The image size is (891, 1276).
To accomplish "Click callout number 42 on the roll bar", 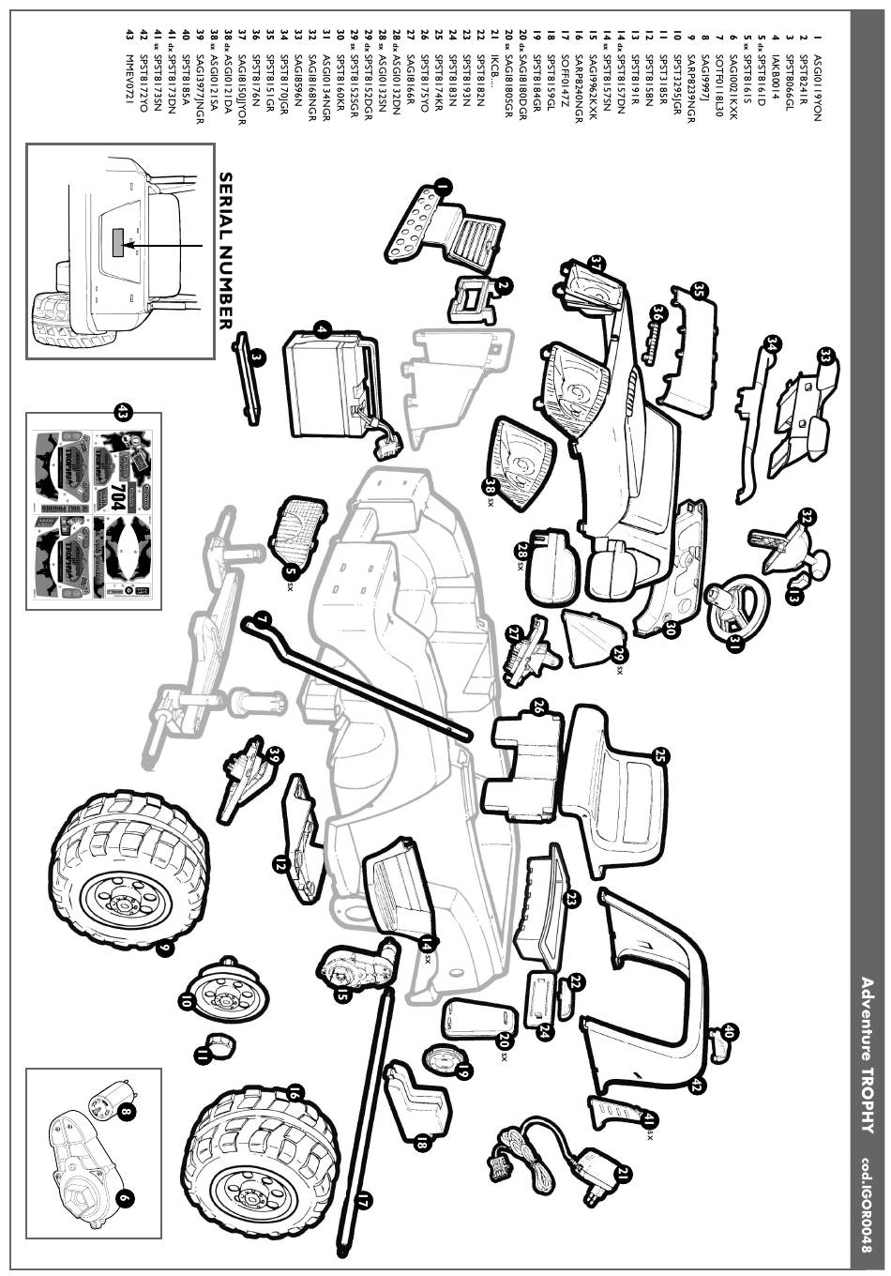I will [x=695, y=1086].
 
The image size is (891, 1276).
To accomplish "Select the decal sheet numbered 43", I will [x=93, y=511].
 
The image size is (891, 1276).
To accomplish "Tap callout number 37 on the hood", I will [x=595, y=266].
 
